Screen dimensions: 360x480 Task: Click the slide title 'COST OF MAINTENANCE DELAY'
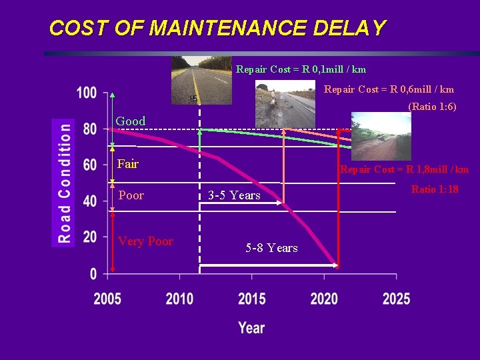[217, 28]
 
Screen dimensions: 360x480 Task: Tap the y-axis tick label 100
[87, 93]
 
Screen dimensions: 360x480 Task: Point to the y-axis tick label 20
[89, 237]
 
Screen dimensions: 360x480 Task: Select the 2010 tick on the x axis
[179, 299]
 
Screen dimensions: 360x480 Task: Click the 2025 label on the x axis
[396, 299]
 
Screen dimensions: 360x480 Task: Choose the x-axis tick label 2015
[251, 299]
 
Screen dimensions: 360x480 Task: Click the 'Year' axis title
[251, 327]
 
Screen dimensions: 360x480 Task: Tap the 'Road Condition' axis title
[64, 183]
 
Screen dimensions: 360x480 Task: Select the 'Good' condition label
[131, 121]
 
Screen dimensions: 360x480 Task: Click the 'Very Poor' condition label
[145, 241]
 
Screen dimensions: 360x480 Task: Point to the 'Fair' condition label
[128, 163]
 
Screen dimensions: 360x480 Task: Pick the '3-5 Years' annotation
[234, 196]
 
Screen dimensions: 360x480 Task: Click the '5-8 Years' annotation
[271, 248]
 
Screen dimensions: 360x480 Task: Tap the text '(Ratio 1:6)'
[432, 107]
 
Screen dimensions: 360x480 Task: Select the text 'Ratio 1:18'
[435, 189]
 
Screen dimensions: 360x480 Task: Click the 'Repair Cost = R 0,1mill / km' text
[301, 69]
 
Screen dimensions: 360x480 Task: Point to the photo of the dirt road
[381, 136]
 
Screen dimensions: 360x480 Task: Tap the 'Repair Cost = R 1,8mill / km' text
[404, 169]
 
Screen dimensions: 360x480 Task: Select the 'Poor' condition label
[131, 195]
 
